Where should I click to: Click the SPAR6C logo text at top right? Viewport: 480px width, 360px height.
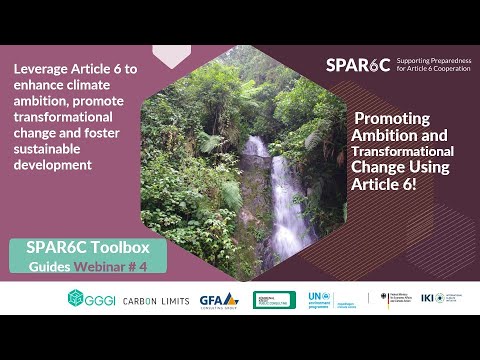coord(357,66)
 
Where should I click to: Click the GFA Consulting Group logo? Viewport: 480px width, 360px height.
coord(219,299)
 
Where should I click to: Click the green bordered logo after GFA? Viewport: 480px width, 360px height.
coord(272,299)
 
